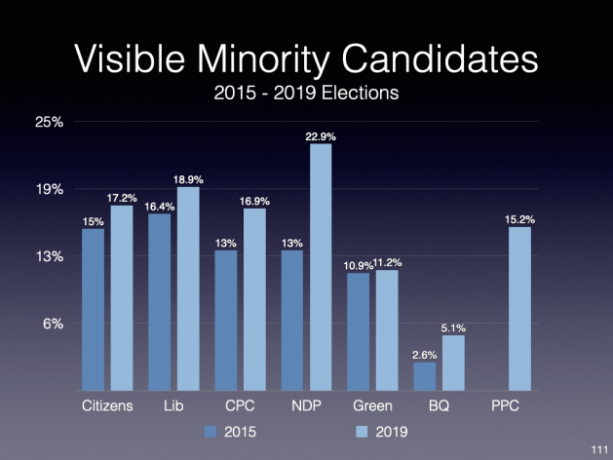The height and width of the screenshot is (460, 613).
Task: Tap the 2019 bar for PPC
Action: (x=519, y=309)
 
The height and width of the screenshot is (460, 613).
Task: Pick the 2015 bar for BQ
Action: (x=425, y=376)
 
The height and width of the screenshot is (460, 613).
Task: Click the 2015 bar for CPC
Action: (x=226, y=321)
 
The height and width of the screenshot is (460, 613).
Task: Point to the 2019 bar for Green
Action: (x=387, y=330)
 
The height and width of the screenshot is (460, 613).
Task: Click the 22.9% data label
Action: (x=321, y=137)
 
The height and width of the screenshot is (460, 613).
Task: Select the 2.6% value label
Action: (x=425, y=355)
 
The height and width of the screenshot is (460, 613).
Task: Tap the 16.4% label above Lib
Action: (x=160, y=207)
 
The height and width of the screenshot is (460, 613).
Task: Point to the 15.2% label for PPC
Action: (x=519, y=219)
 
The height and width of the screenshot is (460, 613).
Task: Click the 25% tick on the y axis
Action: (x=51, y=123)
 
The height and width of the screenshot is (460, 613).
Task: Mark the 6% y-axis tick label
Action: (x=56, y=324)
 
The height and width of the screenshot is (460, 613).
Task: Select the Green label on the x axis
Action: (x=372, y=406)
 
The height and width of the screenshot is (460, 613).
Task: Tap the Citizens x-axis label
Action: (x=106, y=406)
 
